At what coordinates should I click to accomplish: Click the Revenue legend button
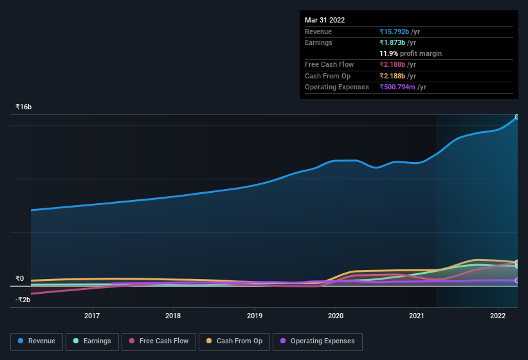tap(37, 341)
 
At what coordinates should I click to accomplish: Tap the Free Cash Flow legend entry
tap(158, 341)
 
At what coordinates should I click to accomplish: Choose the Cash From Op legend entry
tap(235, 341)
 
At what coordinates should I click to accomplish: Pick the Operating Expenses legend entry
tap(317, 341)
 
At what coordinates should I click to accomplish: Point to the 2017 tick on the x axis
tap(92, 316)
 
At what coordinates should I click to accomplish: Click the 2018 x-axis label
tap(173, 316)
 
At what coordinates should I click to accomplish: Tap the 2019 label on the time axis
tap(255, 316)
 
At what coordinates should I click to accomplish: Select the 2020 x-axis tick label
tap(336, 316)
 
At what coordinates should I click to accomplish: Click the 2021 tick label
tap(417, 316)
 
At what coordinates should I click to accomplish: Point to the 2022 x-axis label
tap(498, 316)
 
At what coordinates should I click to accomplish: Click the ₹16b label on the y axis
tap(24, 107)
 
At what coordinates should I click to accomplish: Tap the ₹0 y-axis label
tap(19, 279)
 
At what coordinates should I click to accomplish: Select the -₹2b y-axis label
tap(23, 300)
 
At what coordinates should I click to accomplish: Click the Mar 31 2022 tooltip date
tap(325, 20)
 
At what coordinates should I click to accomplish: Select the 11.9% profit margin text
tap(410, 53)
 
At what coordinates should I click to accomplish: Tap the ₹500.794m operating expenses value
tap(403, 87)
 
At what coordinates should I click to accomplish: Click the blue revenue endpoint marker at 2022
tap(516, 117)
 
